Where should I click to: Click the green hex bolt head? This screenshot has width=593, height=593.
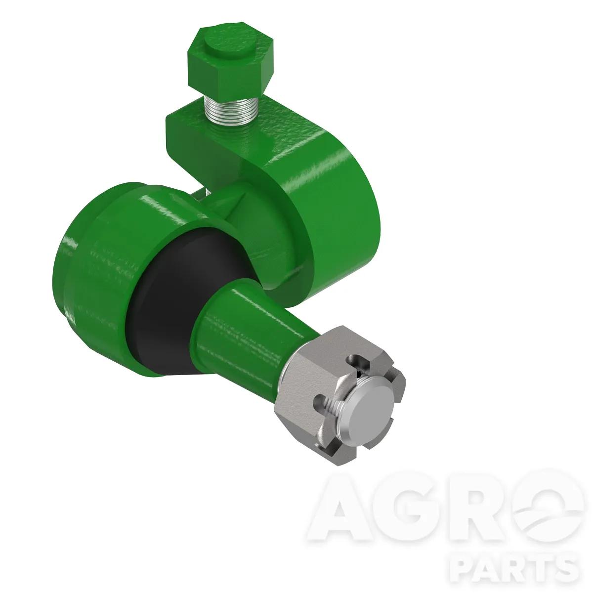tap(230, 59)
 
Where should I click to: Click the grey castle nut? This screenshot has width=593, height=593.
tap(339, 394)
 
